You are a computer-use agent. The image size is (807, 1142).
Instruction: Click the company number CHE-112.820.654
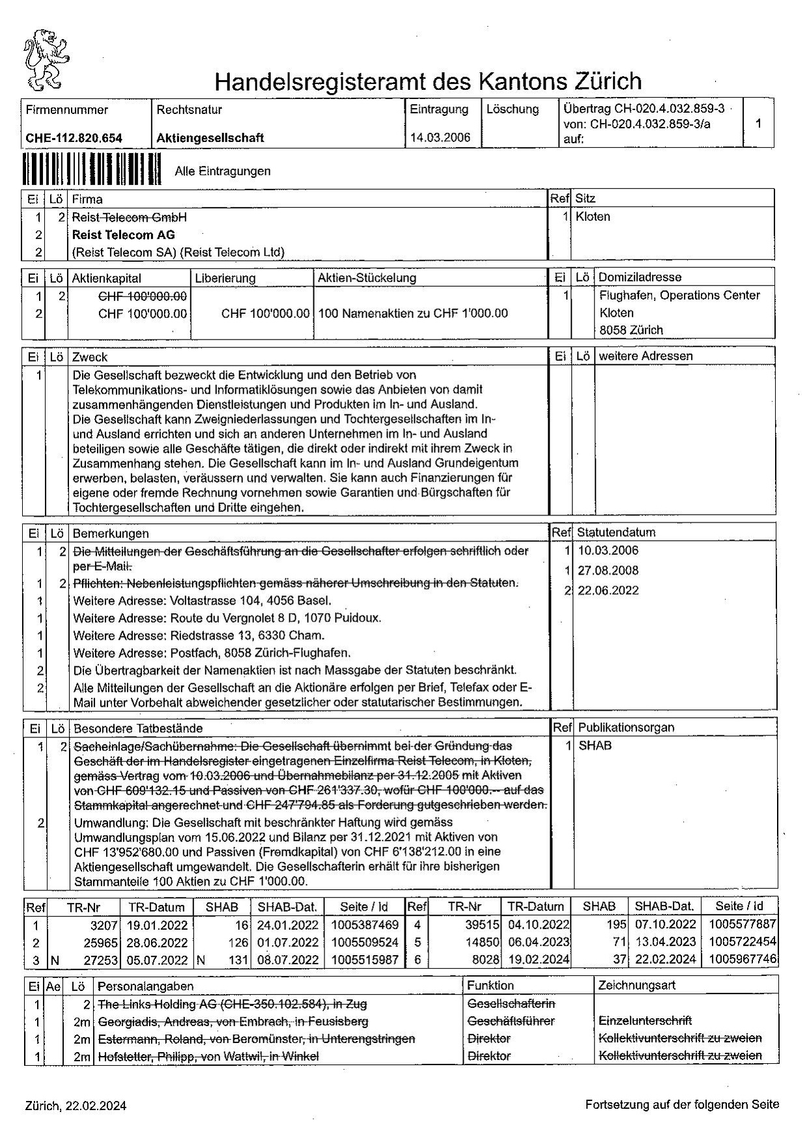point(74,138)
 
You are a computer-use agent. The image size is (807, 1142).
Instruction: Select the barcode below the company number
point(91,171)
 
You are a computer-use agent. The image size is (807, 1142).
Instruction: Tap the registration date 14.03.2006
point(440,137)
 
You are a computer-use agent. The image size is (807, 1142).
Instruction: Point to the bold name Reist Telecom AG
point(123,235)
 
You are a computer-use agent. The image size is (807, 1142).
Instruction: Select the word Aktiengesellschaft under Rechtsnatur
point(210,138)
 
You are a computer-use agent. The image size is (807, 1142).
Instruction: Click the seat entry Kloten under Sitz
point(593,217)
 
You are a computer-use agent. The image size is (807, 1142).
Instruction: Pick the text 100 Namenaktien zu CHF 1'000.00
point(413,313)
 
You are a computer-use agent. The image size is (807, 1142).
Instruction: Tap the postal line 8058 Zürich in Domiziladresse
point(631,330)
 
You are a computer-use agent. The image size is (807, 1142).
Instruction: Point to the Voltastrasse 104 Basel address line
point(202,601)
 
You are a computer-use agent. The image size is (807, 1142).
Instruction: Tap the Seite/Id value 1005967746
point(745,959)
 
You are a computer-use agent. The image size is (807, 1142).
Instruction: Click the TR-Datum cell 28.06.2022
point(158,942)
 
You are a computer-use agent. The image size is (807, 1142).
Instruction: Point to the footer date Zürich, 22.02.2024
point(76,1106)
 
